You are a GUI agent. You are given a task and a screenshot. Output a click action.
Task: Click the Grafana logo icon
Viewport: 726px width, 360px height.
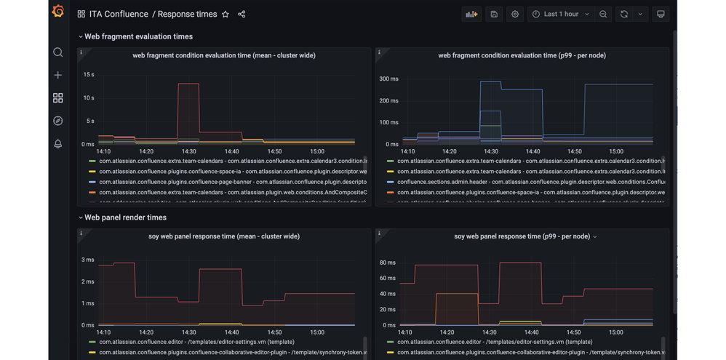[x=58, y=13]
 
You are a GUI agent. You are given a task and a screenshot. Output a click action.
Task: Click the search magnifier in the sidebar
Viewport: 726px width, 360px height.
[x=58, y=52]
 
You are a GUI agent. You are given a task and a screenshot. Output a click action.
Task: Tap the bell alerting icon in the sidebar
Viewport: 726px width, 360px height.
[x=58, y=143]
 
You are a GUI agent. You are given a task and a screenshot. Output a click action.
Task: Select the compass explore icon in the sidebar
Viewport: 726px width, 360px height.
[x=58, y=121]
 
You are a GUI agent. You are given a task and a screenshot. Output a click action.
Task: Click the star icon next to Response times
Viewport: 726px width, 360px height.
[x=226, y=14]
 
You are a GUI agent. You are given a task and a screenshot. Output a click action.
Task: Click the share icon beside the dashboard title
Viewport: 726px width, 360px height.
[x=242, y=14]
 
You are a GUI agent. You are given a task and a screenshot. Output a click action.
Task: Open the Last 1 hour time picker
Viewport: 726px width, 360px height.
[x=561, y=14]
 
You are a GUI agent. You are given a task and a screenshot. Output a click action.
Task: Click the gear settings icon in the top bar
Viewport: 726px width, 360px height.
[x=515, y=14]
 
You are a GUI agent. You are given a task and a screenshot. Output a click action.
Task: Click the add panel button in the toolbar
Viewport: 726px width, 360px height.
[x=472, y=14]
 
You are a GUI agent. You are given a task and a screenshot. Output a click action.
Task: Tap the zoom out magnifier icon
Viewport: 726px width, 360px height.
[x=603, y=14]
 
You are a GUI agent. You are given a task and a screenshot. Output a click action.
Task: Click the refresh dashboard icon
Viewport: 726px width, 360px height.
[x=624, y=14]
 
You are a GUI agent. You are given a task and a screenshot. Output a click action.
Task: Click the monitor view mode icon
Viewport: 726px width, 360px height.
[x=661, y=14]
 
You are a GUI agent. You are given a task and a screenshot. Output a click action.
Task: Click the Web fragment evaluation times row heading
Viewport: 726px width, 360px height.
[x=138, y=36]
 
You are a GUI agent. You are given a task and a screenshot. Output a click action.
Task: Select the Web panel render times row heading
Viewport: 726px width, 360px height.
[x=125, y=217]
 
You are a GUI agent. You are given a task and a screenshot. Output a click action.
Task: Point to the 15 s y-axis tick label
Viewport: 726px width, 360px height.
[x=89, y=75]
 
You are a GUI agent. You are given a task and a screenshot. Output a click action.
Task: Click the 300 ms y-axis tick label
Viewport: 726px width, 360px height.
[x=389, y=79]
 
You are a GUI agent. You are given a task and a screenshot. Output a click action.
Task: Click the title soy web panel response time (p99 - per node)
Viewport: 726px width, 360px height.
[x=521, y=236]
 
